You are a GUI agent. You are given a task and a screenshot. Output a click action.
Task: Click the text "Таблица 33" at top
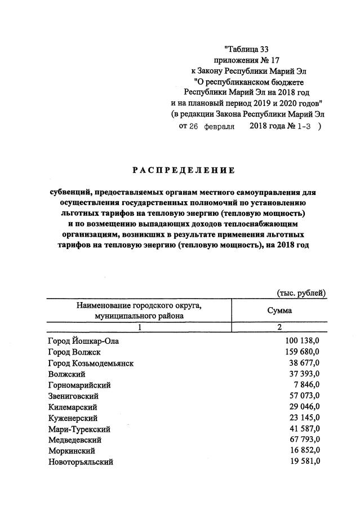click(250, 49)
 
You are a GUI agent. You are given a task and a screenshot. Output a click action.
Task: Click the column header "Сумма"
click(278, 311)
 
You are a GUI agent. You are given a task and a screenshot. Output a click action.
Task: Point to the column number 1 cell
click(139, 327)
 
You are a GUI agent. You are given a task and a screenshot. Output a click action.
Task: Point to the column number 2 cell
click(278, 327)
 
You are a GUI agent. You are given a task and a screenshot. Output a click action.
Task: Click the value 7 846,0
click(305, 385)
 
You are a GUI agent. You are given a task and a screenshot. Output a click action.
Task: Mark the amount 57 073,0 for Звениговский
click(302, 396)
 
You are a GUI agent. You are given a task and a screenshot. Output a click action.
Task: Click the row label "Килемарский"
click(73, 407)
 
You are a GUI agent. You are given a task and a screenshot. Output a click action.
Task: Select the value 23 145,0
click(302, 418)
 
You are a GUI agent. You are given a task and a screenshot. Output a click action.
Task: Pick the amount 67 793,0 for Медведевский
click(302, 440)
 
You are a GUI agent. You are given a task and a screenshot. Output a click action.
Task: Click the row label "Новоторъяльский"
click(81, 462)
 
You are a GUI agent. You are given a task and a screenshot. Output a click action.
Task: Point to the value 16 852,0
click(302, 451)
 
